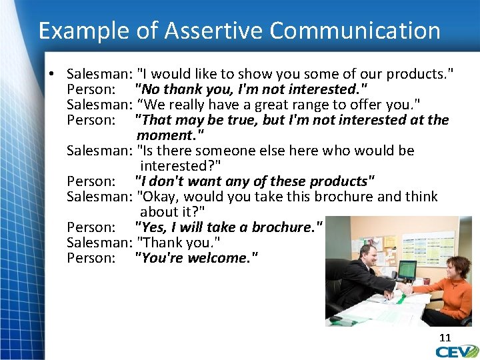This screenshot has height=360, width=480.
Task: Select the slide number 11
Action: click(445, 338)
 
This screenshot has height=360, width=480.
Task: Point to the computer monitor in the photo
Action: click(406, 269)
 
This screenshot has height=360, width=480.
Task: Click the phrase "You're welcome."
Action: click(196, 258)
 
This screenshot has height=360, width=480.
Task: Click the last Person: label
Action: click(91, 258)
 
